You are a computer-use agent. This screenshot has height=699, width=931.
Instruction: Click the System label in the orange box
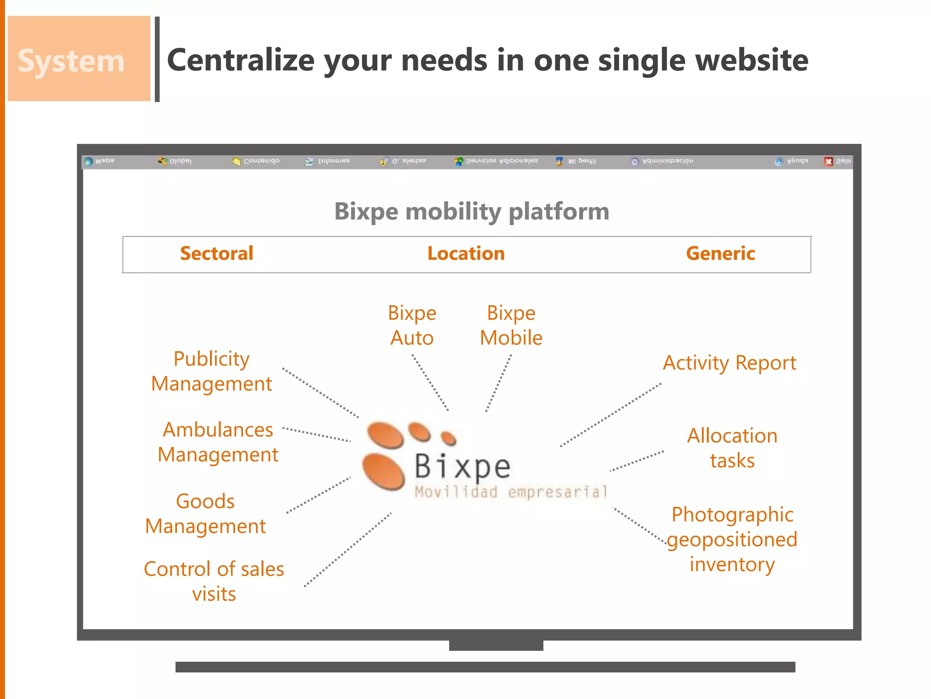(71, 61)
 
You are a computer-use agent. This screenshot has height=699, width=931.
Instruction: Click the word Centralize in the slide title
(241, 61)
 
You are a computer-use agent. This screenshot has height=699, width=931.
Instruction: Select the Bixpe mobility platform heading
(471, 211)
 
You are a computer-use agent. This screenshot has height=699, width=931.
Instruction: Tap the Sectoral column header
(216, 253)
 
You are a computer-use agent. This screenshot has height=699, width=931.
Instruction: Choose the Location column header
(466, 253)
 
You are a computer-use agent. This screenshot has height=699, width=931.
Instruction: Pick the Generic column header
(721, 253)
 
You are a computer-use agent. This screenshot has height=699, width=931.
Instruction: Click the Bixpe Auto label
(412, 325)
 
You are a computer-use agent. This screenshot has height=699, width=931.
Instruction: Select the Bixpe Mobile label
(511, 325)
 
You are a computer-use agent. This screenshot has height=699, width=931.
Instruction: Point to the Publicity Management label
(211, 371)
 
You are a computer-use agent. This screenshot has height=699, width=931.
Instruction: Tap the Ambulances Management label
(218, 442)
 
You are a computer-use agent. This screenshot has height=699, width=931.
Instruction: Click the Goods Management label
(205, 514)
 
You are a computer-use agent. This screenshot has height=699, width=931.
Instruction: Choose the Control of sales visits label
(214, 581)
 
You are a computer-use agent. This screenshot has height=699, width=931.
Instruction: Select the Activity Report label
(729, 363)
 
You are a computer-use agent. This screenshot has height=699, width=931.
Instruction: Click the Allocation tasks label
(732, 448)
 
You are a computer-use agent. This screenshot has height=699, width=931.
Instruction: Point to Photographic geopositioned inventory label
(732, 539)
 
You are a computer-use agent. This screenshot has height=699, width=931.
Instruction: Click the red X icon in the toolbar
(828, 162)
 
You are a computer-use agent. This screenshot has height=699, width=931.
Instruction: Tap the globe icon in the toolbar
(89, 161)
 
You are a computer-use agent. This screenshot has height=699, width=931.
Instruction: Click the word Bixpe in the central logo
(463, 466)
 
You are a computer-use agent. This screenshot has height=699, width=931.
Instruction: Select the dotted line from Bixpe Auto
(430, 382)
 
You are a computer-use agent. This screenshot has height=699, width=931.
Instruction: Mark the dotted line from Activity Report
(611, 415)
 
